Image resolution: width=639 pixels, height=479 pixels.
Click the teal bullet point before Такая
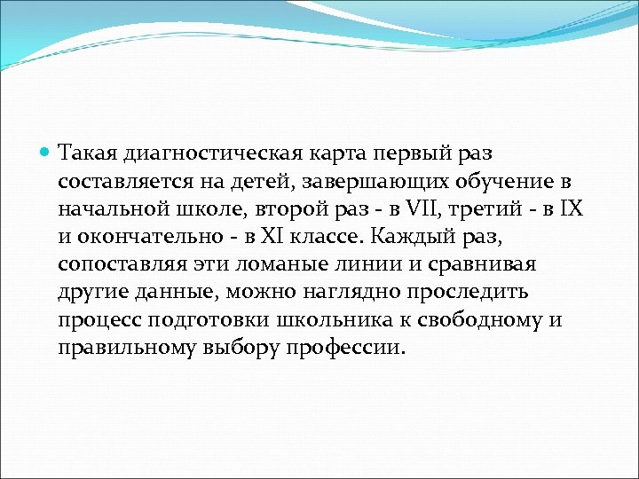pos(46,154)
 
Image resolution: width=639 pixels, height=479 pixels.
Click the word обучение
pos(504,182)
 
